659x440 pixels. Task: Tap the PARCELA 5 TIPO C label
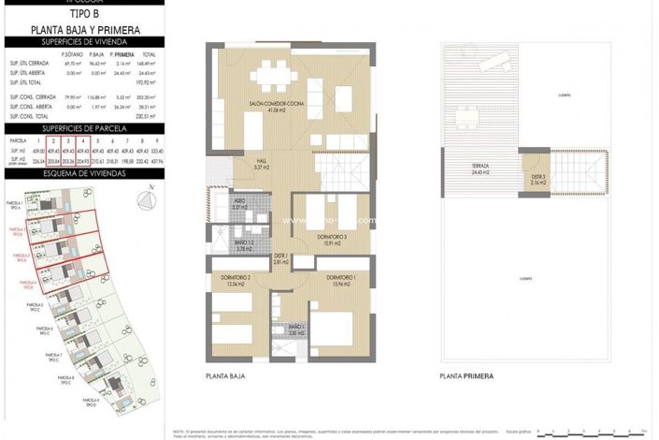coord(35,306)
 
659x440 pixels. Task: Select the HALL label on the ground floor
coord(263,163)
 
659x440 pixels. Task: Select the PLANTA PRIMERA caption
coord(467,376)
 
